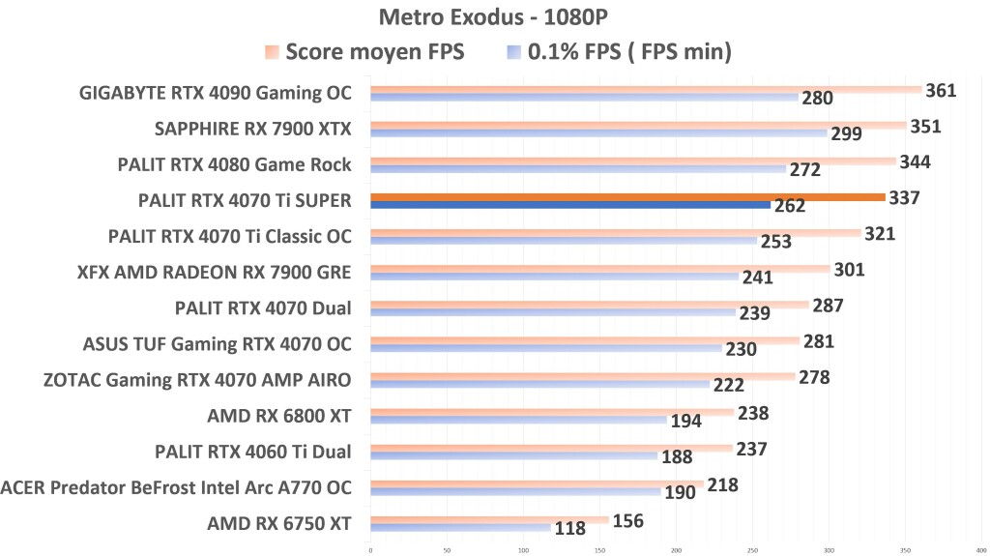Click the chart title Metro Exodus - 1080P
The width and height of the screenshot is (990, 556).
494,16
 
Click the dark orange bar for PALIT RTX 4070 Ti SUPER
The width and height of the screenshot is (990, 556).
627,197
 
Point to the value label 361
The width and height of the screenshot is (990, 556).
941,91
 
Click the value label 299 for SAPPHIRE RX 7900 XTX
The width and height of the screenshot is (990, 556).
847,133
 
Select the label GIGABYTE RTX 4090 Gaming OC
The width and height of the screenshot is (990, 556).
216,93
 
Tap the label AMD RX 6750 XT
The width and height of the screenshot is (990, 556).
279,524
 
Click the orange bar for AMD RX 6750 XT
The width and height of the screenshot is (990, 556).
489,519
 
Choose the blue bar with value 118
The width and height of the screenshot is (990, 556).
460,528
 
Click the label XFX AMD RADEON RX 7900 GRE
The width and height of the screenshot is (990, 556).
214,273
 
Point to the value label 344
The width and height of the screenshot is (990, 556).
915,161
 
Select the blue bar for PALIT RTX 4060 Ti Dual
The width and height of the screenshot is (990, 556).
513,456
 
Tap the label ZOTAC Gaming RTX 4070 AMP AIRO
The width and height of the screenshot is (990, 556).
197,380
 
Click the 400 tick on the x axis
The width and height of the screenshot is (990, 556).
980,549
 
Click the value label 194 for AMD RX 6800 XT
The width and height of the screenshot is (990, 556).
686,421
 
